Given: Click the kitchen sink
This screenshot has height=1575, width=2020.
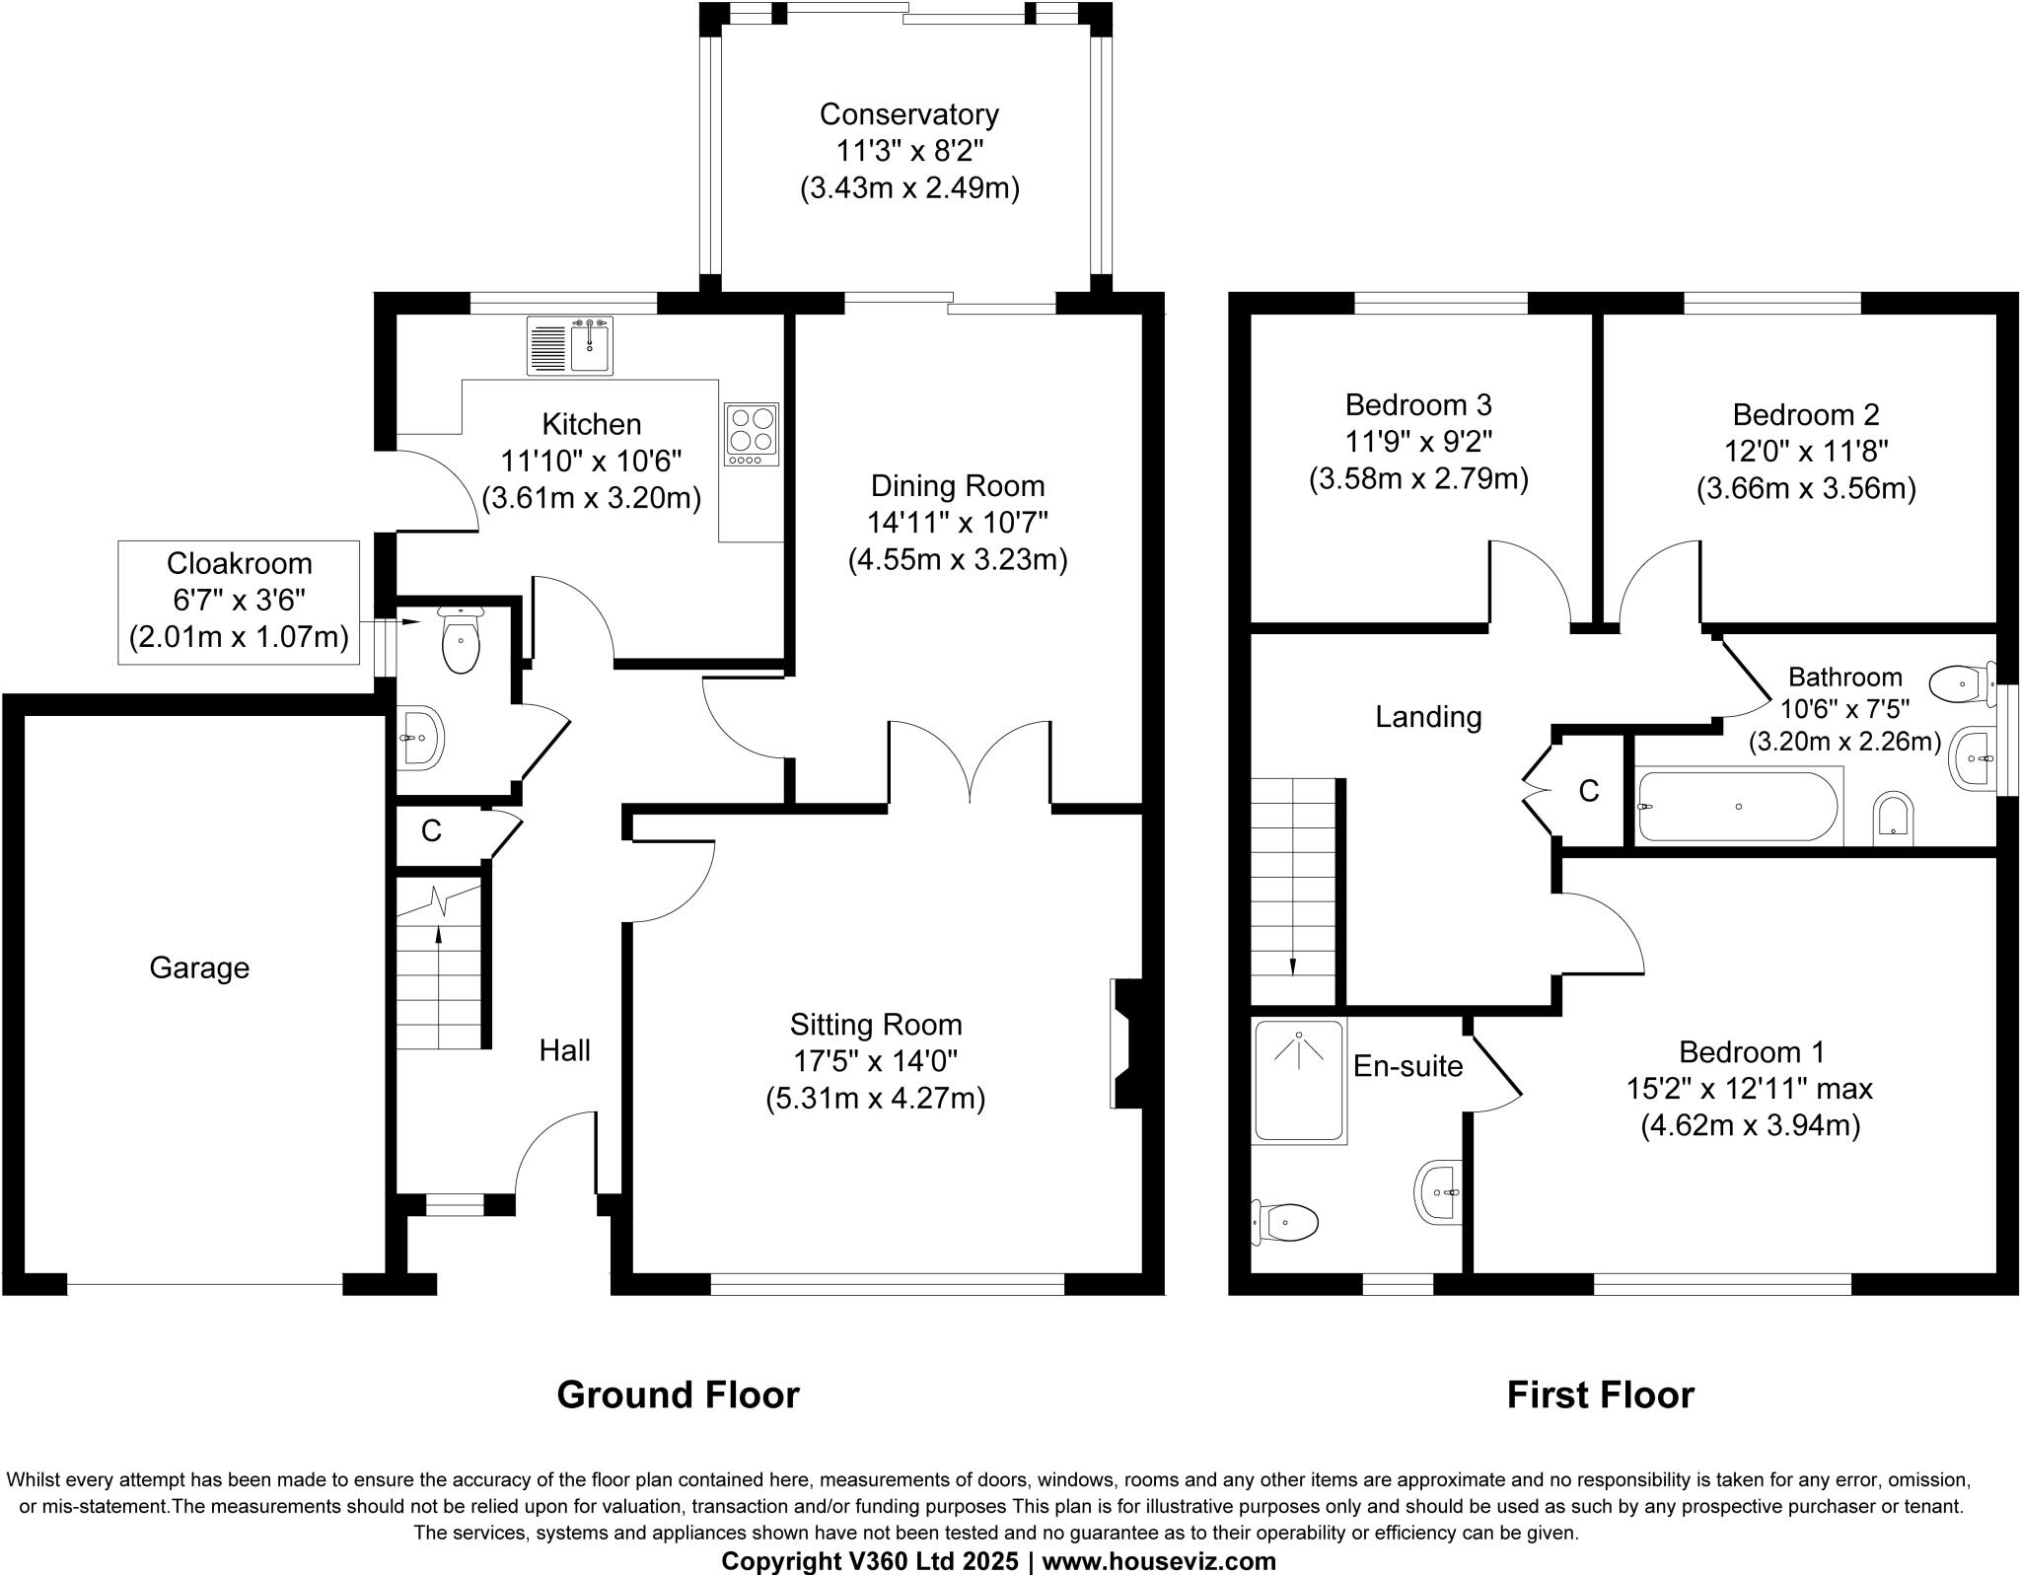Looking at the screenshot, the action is [570, 345].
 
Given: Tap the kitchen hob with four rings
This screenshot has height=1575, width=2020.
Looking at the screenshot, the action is [752, 434].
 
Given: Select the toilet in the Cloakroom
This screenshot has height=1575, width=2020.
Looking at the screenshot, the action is [460, 640].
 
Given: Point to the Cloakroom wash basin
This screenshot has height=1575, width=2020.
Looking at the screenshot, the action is [420, 737].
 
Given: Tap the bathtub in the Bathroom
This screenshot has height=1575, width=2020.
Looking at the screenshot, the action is [1739, 807].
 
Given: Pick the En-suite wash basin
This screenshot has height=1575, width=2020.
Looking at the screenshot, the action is [1437, 1192].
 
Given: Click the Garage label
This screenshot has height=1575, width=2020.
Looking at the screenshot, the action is [199, 967].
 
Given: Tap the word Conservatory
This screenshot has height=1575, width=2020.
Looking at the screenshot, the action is [909, 114].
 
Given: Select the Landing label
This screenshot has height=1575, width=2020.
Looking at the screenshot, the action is [1428, 717].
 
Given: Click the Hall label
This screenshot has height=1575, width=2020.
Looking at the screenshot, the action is [565, 1049].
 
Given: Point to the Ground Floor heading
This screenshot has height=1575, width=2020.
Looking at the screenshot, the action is [679, 1395].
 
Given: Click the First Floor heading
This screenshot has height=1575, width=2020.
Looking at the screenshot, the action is [1601, 1395].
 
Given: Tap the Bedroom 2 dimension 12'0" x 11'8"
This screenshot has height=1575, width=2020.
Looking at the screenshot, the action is [1806, 452].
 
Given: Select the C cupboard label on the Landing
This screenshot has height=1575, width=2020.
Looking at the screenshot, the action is [1588, 791].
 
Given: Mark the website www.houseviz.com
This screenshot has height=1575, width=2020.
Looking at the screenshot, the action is [1159, 1561].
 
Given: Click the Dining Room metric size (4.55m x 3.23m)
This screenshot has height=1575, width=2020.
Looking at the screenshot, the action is [958, 560].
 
